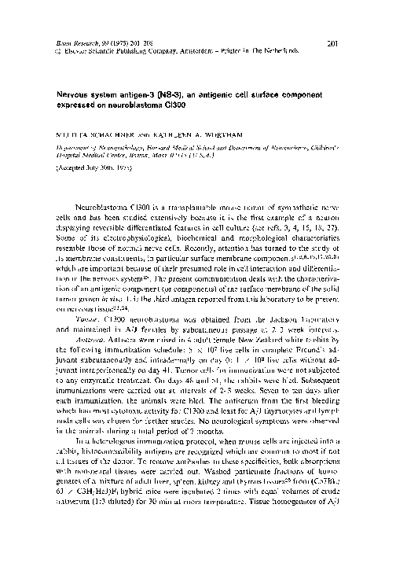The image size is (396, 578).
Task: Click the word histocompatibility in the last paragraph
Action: tap(117, 477)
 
